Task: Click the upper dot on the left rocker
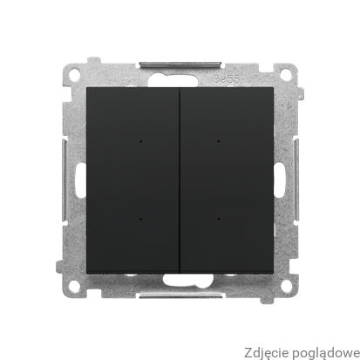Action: coord(141,142)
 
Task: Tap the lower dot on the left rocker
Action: coord(141,219)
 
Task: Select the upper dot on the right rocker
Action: coord(219,141)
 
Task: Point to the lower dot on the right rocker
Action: coord(219,219)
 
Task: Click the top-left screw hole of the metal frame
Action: coord(74,73)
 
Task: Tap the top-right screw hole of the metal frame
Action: coord(286,75)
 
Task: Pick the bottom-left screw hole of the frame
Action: coord(74,285)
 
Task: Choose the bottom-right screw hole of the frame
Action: coord(287,286)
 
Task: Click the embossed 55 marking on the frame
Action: coord(235,79)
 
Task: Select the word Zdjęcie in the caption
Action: coord(267,353)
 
